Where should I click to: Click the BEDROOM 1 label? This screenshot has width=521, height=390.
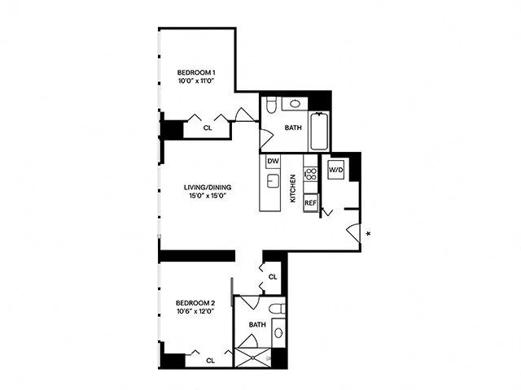click(196, 72)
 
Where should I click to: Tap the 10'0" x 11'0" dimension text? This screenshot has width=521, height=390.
click(196, 81)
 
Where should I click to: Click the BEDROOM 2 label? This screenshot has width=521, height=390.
click(195, 304)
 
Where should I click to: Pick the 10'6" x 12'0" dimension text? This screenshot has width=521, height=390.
click(195, 313)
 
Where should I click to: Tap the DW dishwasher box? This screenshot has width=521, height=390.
click(273, 161)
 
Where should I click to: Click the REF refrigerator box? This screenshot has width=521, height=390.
click(310, 203)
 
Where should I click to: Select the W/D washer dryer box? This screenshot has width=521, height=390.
click(335, 171)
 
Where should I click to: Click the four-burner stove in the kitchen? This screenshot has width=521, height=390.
click(310, 174)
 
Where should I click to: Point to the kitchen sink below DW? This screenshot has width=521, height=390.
click(274, 180)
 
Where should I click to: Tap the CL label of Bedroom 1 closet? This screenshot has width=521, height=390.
click(208, 128)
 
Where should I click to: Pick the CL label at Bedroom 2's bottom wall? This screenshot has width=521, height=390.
click(211, 360)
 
